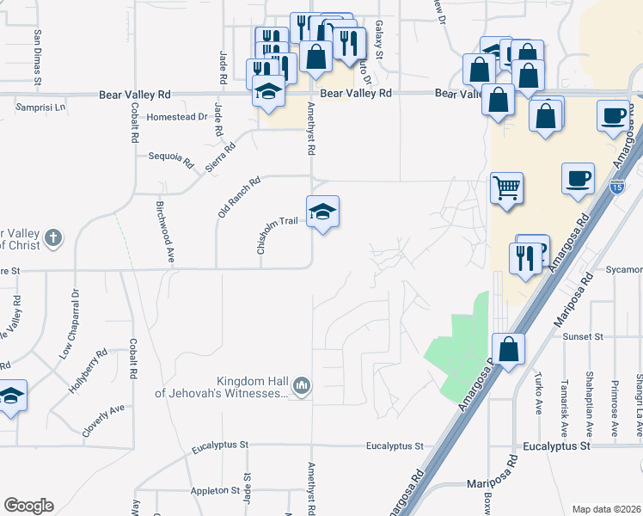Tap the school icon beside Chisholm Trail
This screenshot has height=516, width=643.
click(x=323, y=212)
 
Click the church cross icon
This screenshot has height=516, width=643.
click(x=53, y=236)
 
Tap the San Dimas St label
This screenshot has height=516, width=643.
click(x=38, y=58)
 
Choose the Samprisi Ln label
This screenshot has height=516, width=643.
click(x=40, y=107)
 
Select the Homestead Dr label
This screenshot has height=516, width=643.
click(x=178, y=117)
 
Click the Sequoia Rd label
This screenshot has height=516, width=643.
click(x=171, y=158)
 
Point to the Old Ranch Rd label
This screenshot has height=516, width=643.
click(x=239, y=197)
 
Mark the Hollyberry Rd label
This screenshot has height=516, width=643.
click(x=88, y=371)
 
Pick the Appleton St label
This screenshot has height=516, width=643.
click(x=215, y=491)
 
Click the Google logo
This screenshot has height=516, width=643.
click(x=28, y=506)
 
